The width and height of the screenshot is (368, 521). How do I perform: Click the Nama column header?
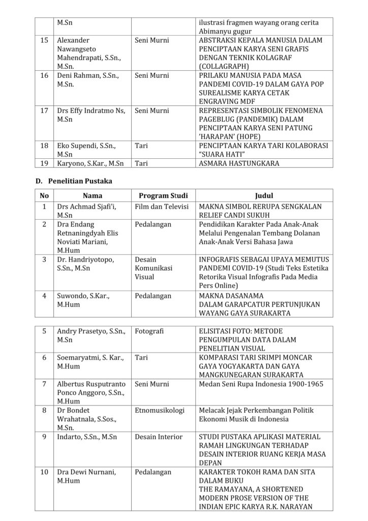93,195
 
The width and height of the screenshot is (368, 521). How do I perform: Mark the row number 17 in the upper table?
44,110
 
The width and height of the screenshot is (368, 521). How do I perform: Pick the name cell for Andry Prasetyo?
87,335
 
